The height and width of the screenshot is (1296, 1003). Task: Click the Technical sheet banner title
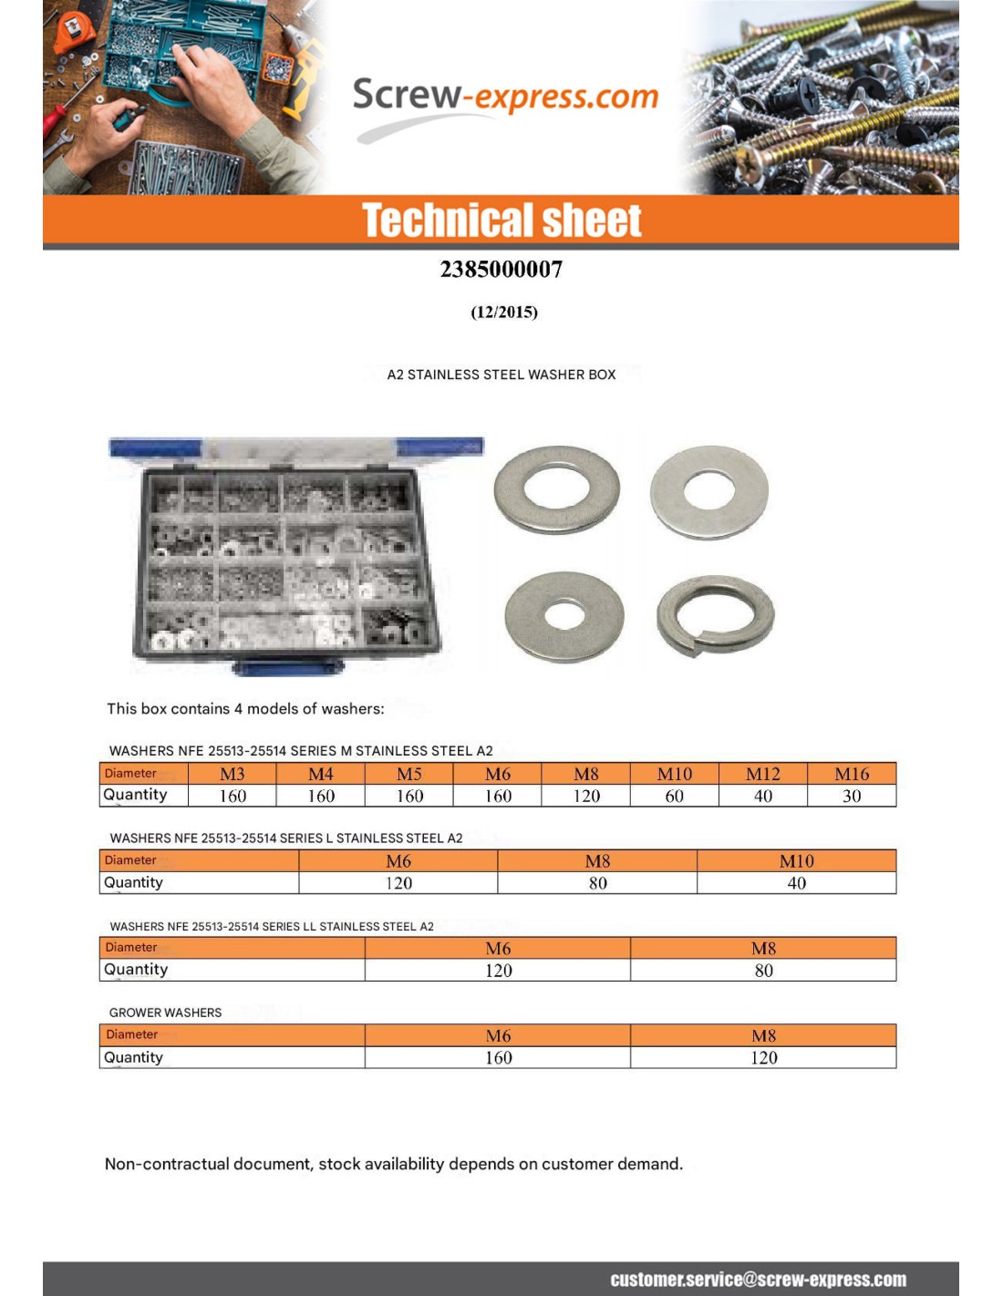(x=501, y=221)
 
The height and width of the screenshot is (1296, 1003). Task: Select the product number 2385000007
(x=501, y=270)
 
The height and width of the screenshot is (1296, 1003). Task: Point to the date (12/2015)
(x=504, y=312)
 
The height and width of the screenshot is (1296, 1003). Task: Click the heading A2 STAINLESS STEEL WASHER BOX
(x=501, y=375)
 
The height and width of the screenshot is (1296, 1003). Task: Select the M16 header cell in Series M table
(x=852, y=774)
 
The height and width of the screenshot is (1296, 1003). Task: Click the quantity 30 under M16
(x=852, y=796)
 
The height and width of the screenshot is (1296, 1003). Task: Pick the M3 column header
(x=233, y=774)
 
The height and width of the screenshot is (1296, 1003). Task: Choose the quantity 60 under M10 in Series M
(x=675, y=796)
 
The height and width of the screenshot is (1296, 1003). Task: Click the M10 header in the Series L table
(x=796, y=861)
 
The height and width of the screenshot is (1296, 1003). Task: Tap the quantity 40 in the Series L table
(x=796, y=883)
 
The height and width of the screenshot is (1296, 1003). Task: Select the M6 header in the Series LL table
(x=498, y=949)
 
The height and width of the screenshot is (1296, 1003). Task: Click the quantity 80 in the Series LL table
(x=763, y=971)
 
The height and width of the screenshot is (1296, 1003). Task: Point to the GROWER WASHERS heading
(x=165, y=1013)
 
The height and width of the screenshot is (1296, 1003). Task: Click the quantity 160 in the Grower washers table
(x=498, y=1058)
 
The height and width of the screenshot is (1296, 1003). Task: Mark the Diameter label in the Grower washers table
(x=132, y=1034)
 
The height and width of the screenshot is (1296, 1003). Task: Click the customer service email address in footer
(x=758, y=1280)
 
